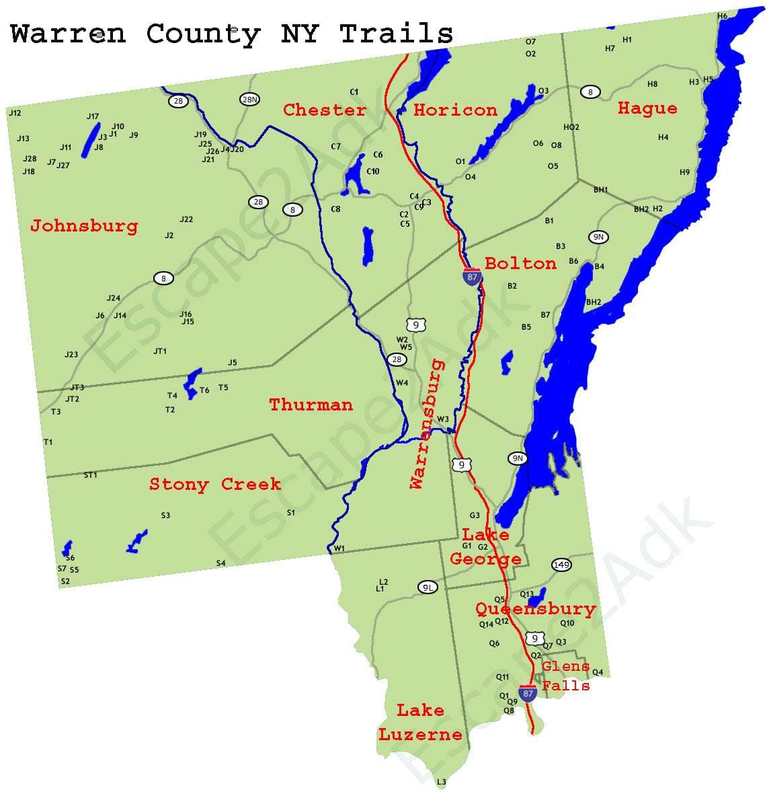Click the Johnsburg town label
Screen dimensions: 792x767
(84, 226)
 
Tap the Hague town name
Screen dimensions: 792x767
(647, 108)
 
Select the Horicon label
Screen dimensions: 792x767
(455, 110)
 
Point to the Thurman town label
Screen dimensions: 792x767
(311, 404)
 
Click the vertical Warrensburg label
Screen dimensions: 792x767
(427, 425)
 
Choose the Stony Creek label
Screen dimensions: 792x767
(215, 484)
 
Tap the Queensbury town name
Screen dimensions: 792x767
(536, 609)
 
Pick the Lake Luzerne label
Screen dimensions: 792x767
(420, 722)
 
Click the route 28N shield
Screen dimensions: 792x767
(249, 100)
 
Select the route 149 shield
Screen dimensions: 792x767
(561, 565)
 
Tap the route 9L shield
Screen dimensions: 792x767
(428, 587)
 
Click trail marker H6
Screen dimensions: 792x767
(722, 15)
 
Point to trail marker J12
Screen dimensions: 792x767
(15, 113)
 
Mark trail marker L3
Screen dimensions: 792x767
(441, 782)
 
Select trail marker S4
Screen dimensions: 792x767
(220, 563)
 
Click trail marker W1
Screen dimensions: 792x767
(339, 548)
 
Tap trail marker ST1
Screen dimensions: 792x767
(91, 475)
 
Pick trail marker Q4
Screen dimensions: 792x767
(598, 672)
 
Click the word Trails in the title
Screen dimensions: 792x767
(396, 34)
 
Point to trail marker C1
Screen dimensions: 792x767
(354, 92)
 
